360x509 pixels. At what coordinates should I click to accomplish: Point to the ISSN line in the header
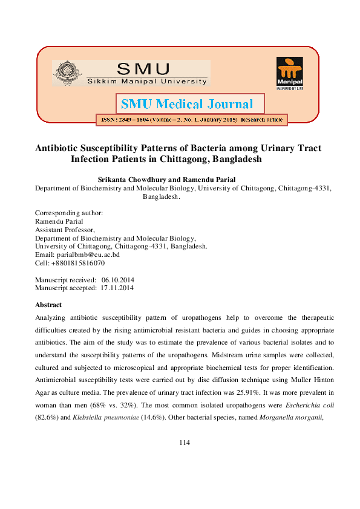tap(191, 120)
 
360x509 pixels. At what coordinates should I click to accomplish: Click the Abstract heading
tap(48, 305)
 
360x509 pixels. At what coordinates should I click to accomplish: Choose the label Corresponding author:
tap(69, 213)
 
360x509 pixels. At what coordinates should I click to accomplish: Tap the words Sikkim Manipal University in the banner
tap(146, 80)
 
